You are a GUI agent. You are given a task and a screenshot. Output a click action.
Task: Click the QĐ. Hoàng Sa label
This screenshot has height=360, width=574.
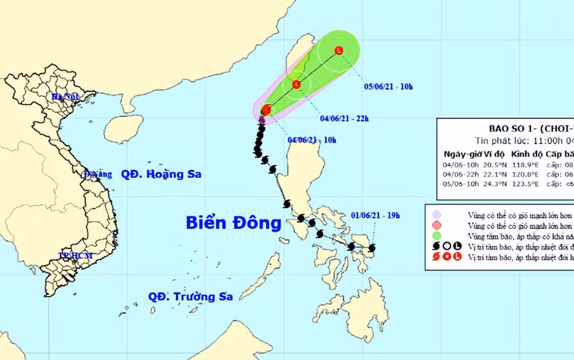coord(161,174)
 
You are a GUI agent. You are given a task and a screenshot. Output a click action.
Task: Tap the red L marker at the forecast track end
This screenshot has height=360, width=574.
coord(339,49)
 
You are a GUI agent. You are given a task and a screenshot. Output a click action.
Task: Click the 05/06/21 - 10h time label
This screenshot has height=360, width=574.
coord(388,87)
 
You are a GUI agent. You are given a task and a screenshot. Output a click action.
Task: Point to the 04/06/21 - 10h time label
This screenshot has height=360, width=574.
coord(311,140)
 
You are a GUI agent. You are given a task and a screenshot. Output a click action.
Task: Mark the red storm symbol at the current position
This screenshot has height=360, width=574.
coord(266,110)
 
